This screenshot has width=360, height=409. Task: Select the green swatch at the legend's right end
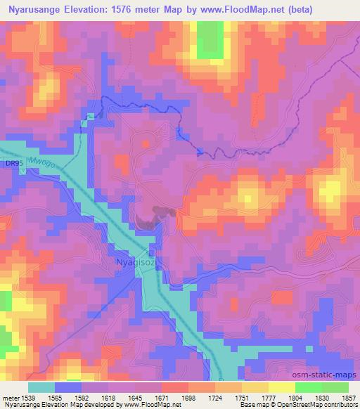(335, 387)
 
